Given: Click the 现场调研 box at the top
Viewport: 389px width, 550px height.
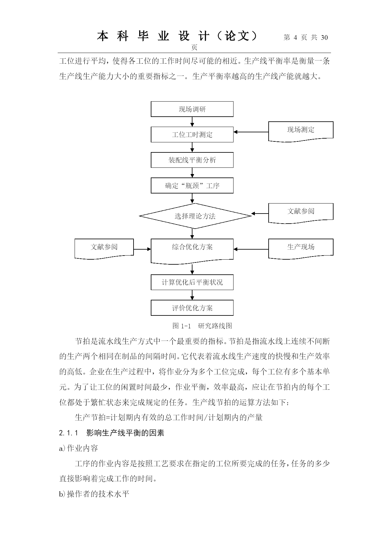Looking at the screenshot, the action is [192, 109].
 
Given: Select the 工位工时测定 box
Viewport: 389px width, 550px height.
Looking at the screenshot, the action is [192, 135].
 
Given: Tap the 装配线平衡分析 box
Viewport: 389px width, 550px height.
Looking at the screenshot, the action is [192, 160].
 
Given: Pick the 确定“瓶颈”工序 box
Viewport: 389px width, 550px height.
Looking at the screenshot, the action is [192, 186].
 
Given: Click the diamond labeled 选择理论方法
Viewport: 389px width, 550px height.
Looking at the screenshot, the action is [195, 216].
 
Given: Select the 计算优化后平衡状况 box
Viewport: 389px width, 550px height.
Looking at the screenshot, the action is [192, 282].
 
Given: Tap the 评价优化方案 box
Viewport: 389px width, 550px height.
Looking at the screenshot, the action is [192, 308].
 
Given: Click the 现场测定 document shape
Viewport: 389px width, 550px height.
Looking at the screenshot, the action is [301, 131].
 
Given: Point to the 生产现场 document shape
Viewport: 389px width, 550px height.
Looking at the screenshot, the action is [301, 248].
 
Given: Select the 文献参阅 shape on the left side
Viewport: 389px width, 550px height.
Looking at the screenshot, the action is [104, 248].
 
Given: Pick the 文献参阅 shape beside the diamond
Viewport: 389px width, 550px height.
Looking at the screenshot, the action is [301, 213].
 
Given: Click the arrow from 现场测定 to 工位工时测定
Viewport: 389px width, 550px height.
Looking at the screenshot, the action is [251, 132].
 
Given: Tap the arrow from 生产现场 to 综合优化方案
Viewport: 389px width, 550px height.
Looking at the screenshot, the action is [251, 249].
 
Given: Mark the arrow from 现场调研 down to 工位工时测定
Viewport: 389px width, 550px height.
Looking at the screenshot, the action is [192, 122].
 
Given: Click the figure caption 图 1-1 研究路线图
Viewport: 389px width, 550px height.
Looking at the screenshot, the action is [202, 326].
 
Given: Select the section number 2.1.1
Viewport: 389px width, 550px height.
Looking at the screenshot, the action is [68, 433].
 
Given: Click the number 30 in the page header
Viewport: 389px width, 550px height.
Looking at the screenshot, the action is [324, 38].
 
